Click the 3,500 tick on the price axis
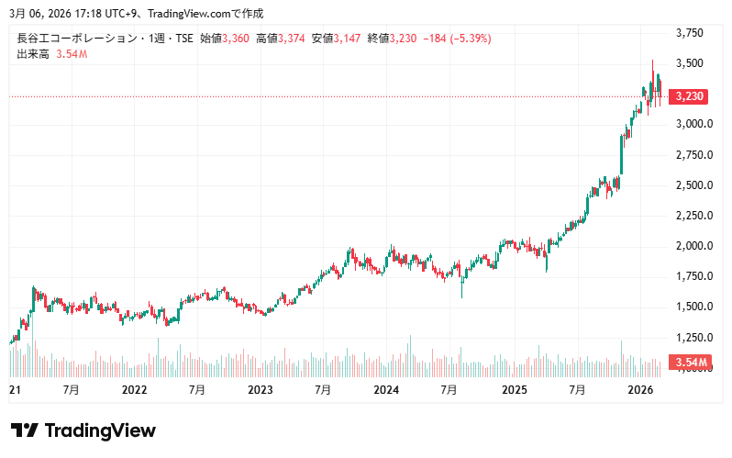click(689, 63)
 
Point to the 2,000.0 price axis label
click(693, 246)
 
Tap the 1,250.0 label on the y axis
click(693, 337)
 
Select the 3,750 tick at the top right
click(689, 33)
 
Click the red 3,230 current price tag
click(689, 95)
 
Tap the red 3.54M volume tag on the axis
click(691, 363)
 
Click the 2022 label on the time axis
click(134, 390)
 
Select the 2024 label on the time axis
click(386, 390)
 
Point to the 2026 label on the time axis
click(638, 390)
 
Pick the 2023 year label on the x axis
click(261, 390)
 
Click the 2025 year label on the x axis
click(513, 390)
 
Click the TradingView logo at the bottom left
click(83, 430)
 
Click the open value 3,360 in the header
click(237, 39)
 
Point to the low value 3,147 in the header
click(349, 39)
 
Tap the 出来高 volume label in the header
click(32, 55)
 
